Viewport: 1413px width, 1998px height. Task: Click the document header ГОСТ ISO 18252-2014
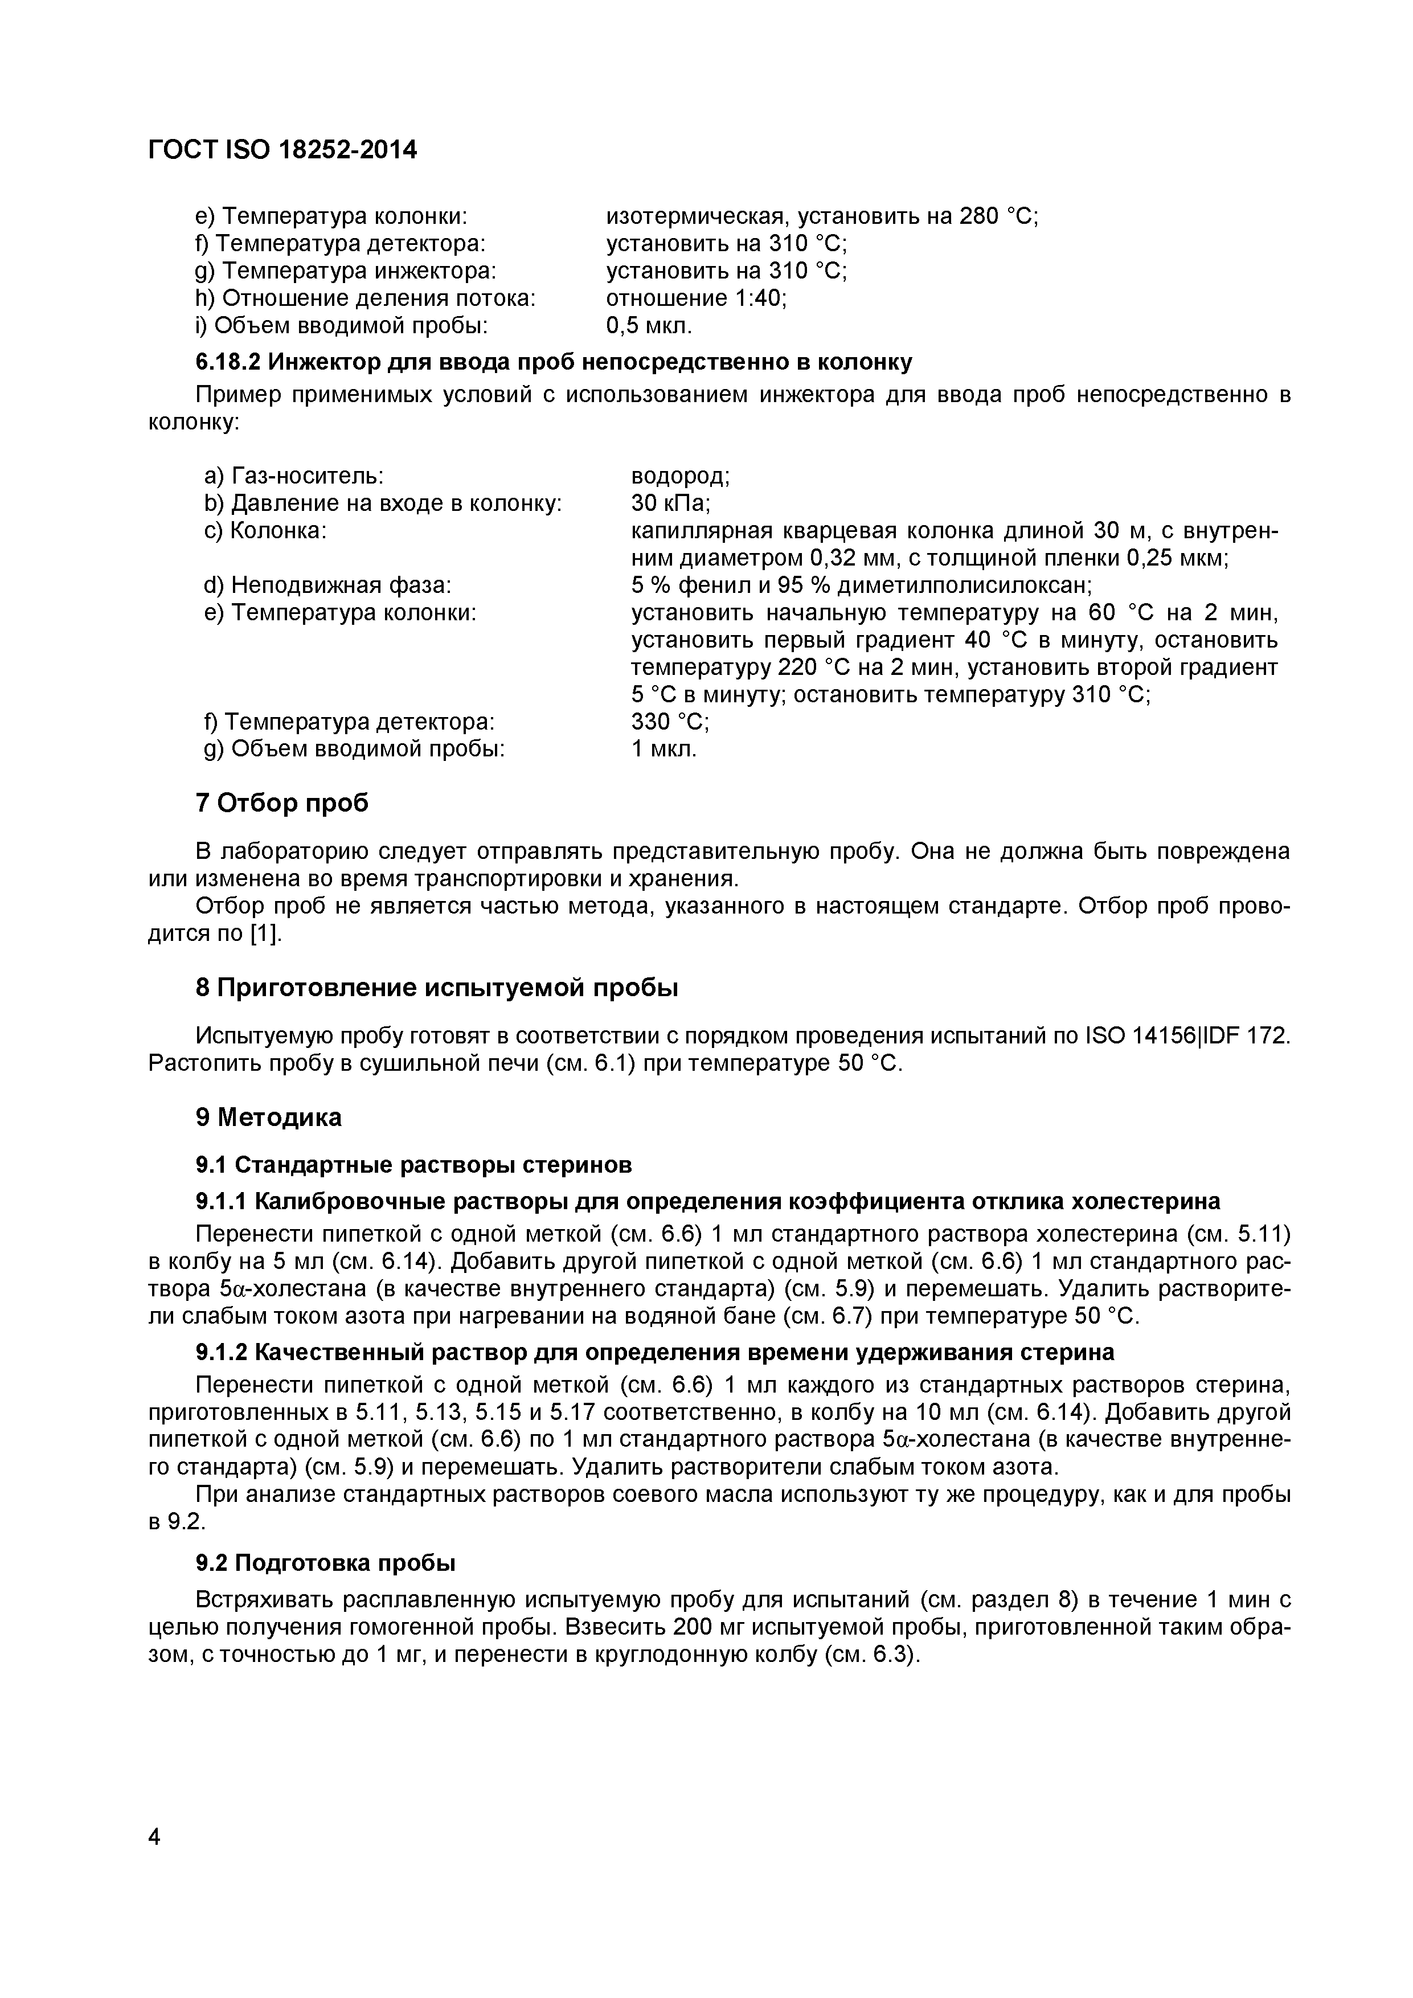click(x=283, y=150)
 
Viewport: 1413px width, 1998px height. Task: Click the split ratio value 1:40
click(x=760, y=298)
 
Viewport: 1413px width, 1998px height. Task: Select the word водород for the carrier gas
click(x=679, y=476)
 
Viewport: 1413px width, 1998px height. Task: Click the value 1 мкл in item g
click(x=664, y=748)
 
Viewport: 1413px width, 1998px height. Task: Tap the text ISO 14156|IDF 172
click(x=1187, y=1037)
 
